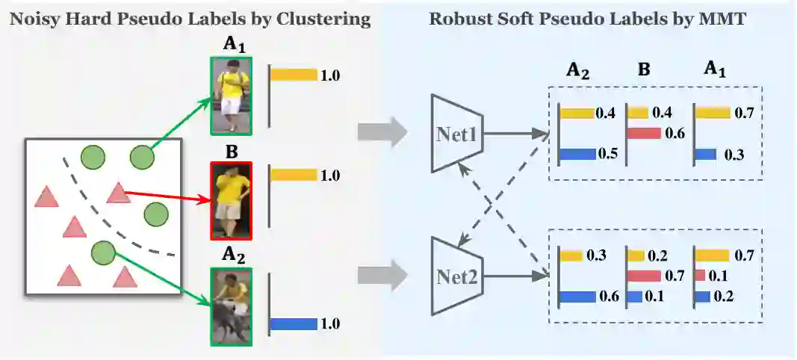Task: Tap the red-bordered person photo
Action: pos(231,199)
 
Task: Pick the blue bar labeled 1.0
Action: pos(294,323)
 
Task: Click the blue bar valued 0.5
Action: pos(576,154)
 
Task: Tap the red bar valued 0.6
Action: pos(645,133)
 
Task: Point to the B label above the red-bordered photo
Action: pos(231,152)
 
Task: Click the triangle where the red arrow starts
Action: pos(118,193)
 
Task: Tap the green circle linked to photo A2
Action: pos(102,253)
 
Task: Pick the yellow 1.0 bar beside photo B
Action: pos(294,175)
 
